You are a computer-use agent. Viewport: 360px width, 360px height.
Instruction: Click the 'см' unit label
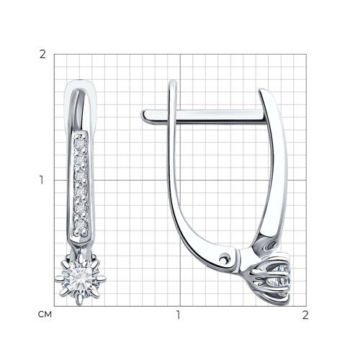pos(45,315)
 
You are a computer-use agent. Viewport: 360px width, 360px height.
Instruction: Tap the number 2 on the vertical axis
pos(42,55)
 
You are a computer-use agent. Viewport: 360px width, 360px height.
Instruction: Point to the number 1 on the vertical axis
pos(42,180)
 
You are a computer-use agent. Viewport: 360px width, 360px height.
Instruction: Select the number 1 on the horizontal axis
pos(178,315)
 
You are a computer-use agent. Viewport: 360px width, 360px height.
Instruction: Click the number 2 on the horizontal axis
pos(305,315)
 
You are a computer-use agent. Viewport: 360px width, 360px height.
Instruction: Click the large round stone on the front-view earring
pos(81,279)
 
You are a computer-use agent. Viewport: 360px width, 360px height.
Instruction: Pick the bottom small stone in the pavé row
pos(81,225)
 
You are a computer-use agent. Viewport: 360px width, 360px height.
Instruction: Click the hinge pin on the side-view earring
pos(224,259)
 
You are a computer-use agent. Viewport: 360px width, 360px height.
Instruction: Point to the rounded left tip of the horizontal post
pos(143,115)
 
